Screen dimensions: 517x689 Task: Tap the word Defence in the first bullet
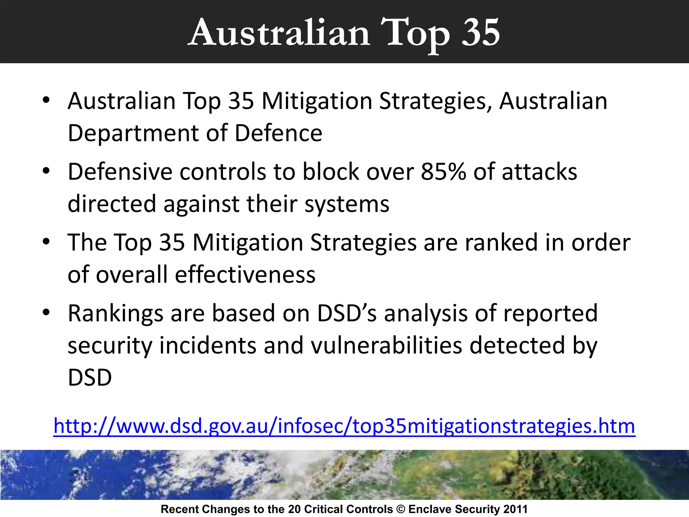[278, 133]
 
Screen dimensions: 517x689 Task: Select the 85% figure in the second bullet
[443, 172]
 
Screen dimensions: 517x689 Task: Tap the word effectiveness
[245, 274]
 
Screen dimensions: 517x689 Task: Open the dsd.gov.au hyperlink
[344, 426]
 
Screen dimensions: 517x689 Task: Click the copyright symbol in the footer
[401, 509]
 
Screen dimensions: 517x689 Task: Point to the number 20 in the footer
[294, 509]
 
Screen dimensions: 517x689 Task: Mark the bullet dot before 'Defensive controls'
[46, 171]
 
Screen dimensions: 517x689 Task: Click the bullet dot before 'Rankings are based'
[46, 312]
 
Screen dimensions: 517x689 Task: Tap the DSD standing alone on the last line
[89, 377]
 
